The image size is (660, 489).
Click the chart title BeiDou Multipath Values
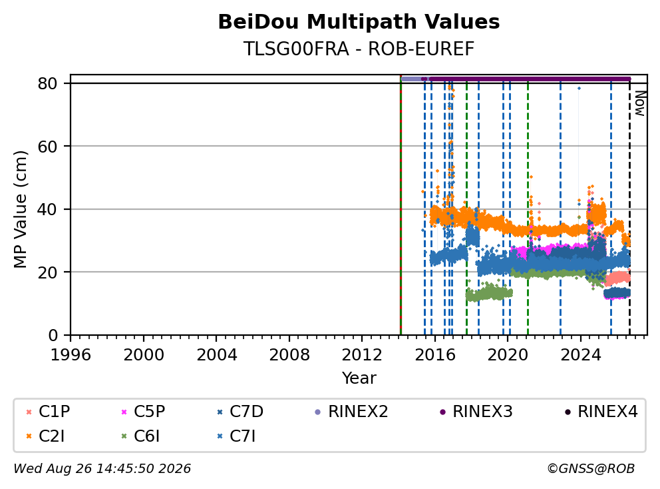(x=359, y=22)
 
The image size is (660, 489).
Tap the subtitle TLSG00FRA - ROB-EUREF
(x=359, y=49)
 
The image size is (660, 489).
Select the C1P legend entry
(x=47, y=412)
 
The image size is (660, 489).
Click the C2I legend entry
(x=45, y=436)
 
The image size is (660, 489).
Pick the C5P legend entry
(x=143, y=412)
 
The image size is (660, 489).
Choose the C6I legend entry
(x=140, y=436)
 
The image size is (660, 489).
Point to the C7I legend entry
(x=236, y=436)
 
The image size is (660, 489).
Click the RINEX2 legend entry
(x=351, y=412)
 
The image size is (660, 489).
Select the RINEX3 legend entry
(x=476, y=412)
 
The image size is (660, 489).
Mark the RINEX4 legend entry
(x=601, y=412)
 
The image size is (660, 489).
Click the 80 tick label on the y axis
(x=47, y=83)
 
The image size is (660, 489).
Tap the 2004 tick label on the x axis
(x=216, y=355)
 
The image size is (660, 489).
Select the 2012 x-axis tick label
(x=362, y=355)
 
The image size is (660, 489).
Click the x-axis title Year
(x=359, y=378)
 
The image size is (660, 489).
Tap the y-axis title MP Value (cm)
(x=20, y=209)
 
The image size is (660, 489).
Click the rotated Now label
(x=640, y=104)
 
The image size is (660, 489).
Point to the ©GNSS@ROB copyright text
(x=591, y=469)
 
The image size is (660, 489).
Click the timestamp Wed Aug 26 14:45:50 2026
(x=102, y=469)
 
